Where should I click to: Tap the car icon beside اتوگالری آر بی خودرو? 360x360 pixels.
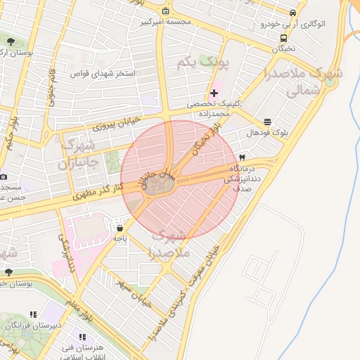coord(292,13)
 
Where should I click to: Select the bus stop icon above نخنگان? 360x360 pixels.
coord(283,39)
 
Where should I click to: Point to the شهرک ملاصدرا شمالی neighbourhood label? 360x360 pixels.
coord(314,82)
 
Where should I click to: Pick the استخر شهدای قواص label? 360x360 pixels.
coord(105,72)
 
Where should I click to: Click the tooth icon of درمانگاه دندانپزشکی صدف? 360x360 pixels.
coord(242,157)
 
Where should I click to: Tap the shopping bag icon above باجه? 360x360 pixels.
coord(120,228)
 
